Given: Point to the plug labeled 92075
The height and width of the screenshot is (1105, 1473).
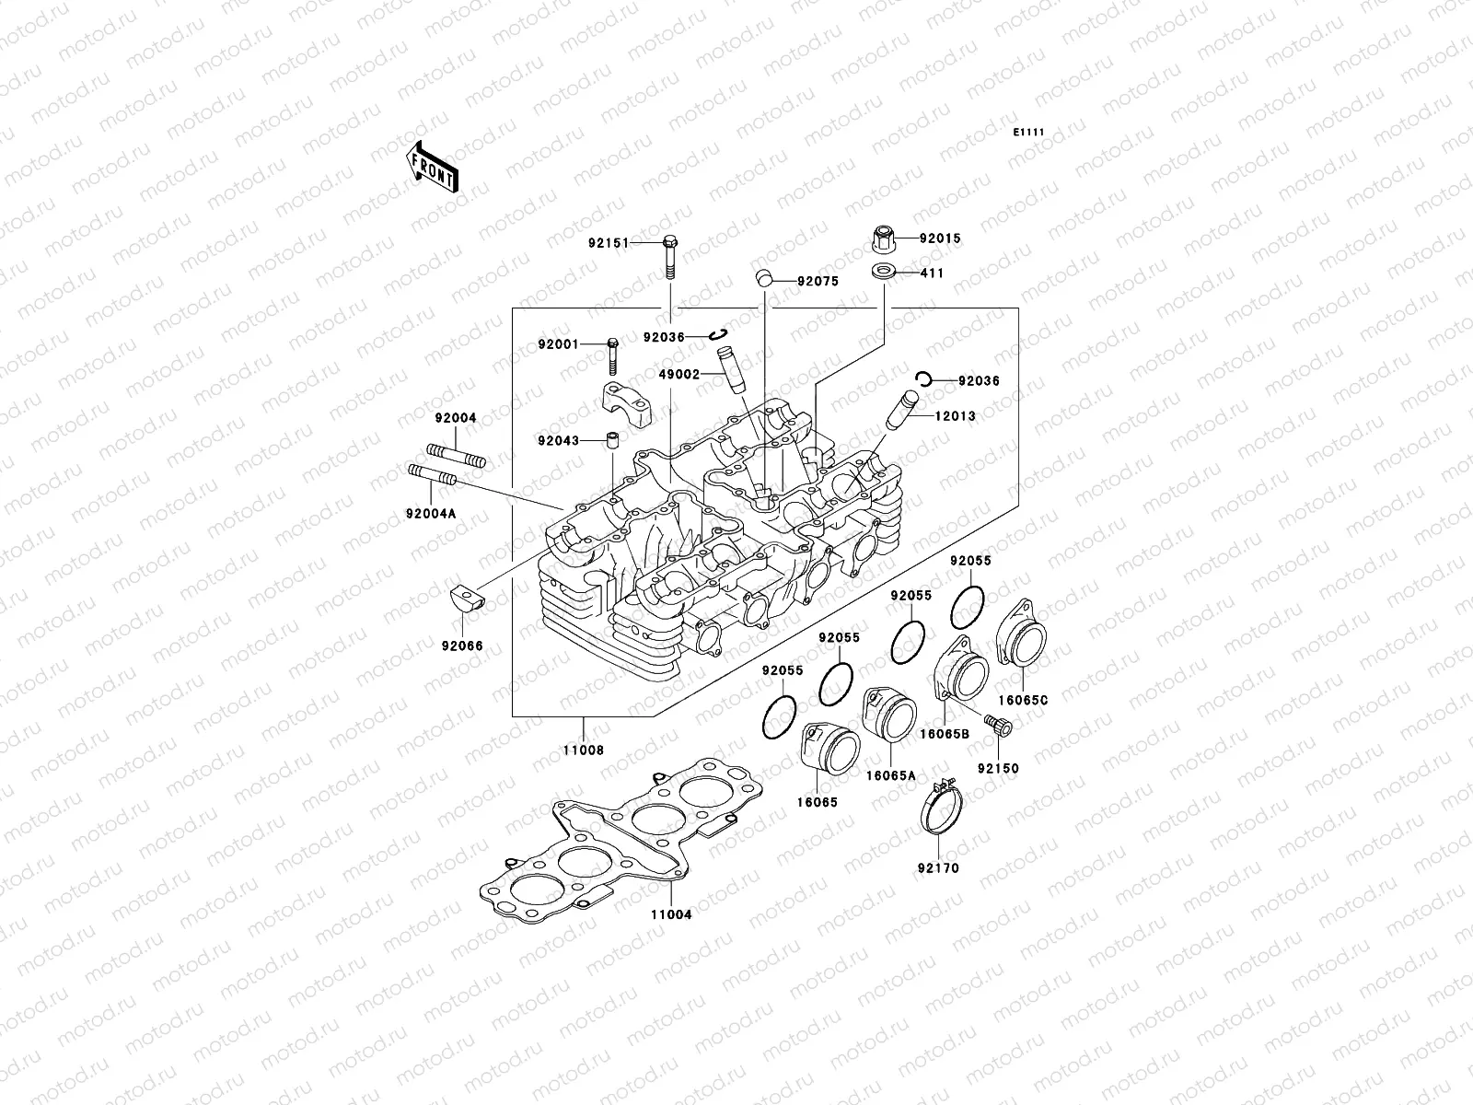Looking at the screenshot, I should [x=762, y=278].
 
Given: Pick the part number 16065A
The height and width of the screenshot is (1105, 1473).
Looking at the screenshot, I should [x=890, y=775].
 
